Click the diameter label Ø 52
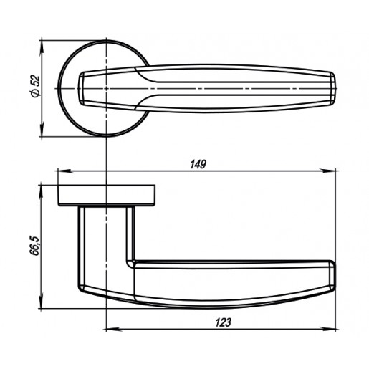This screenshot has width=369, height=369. [x=35, y=87]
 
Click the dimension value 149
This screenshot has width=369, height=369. [x=198, y=165]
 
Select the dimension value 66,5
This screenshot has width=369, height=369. [x=35, y=246]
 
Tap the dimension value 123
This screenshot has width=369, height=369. [x=224, y=322]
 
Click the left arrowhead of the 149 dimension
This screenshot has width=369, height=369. [x=64, y=171]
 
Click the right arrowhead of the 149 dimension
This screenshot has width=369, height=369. [x=329, y=171]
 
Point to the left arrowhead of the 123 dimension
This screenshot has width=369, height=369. [x=113, y=330]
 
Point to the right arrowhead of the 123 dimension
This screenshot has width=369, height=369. [x=329, y=330]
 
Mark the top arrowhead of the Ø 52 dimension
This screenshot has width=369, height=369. [x=42, y=47]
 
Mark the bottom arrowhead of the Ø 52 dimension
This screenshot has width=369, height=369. [x=42, y=130]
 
